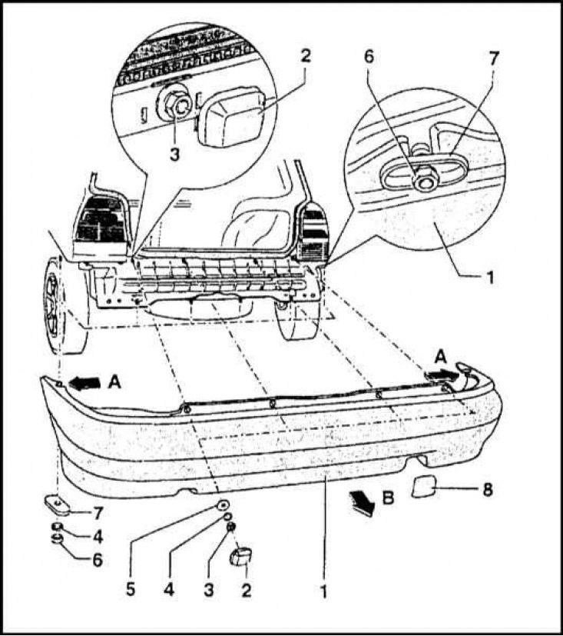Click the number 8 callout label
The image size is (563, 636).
point(487,490)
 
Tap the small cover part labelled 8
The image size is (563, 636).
point(424,486)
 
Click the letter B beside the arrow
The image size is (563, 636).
point(388,497)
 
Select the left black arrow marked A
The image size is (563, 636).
point(85,382)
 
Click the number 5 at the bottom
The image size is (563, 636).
point(131,589)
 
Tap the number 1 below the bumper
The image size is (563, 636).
point(324,591)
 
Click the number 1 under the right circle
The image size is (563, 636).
point(490,278)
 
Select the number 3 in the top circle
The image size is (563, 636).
point(174,154)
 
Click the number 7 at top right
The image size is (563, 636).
point(492,58)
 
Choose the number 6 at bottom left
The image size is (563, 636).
point(98,560)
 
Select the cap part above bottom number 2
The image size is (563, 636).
point(240,556)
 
